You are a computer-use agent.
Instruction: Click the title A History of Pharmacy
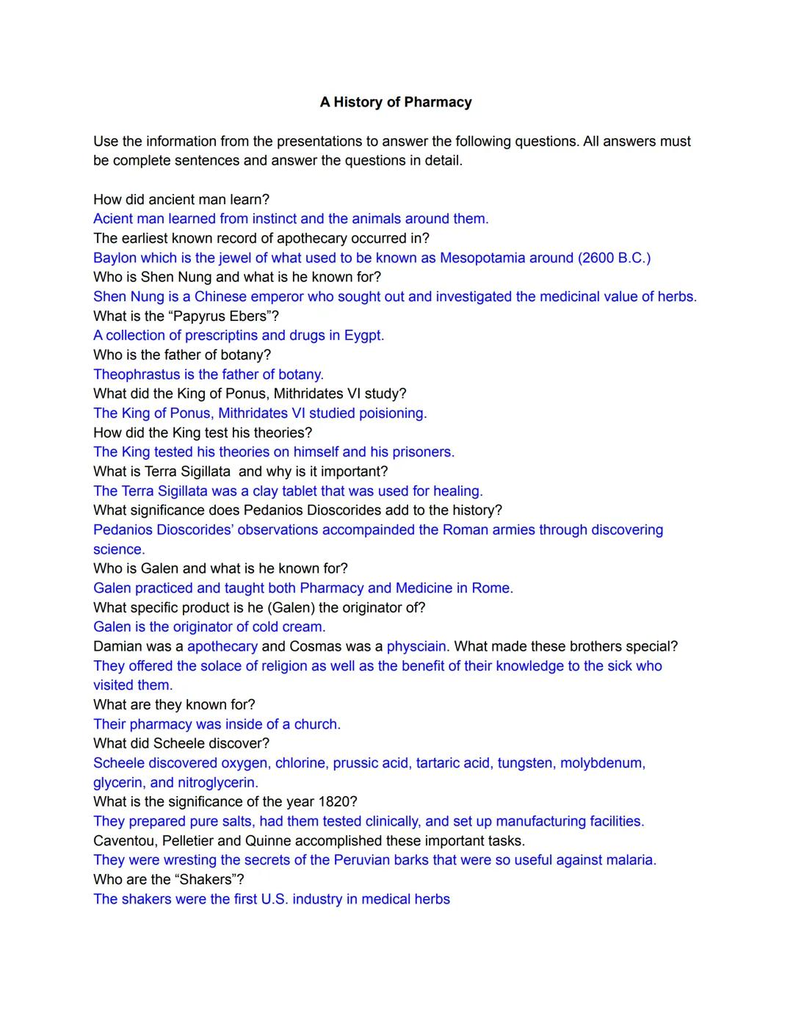tap(396, 102)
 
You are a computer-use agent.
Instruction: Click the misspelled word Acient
tap(113, 219)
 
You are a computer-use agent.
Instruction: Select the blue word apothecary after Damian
tap(222, 647)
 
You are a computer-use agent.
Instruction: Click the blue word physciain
tap(416, 647)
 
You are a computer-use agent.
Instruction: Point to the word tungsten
tap(525, 763)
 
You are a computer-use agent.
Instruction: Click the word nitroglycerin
tap(217, 783)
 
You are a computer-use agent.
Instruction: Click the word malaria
tap(629, 860)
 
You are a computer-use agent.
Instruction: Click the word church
tap(316, 725)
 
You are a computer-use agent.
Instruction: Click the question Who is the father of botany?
tap(182, 355)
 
